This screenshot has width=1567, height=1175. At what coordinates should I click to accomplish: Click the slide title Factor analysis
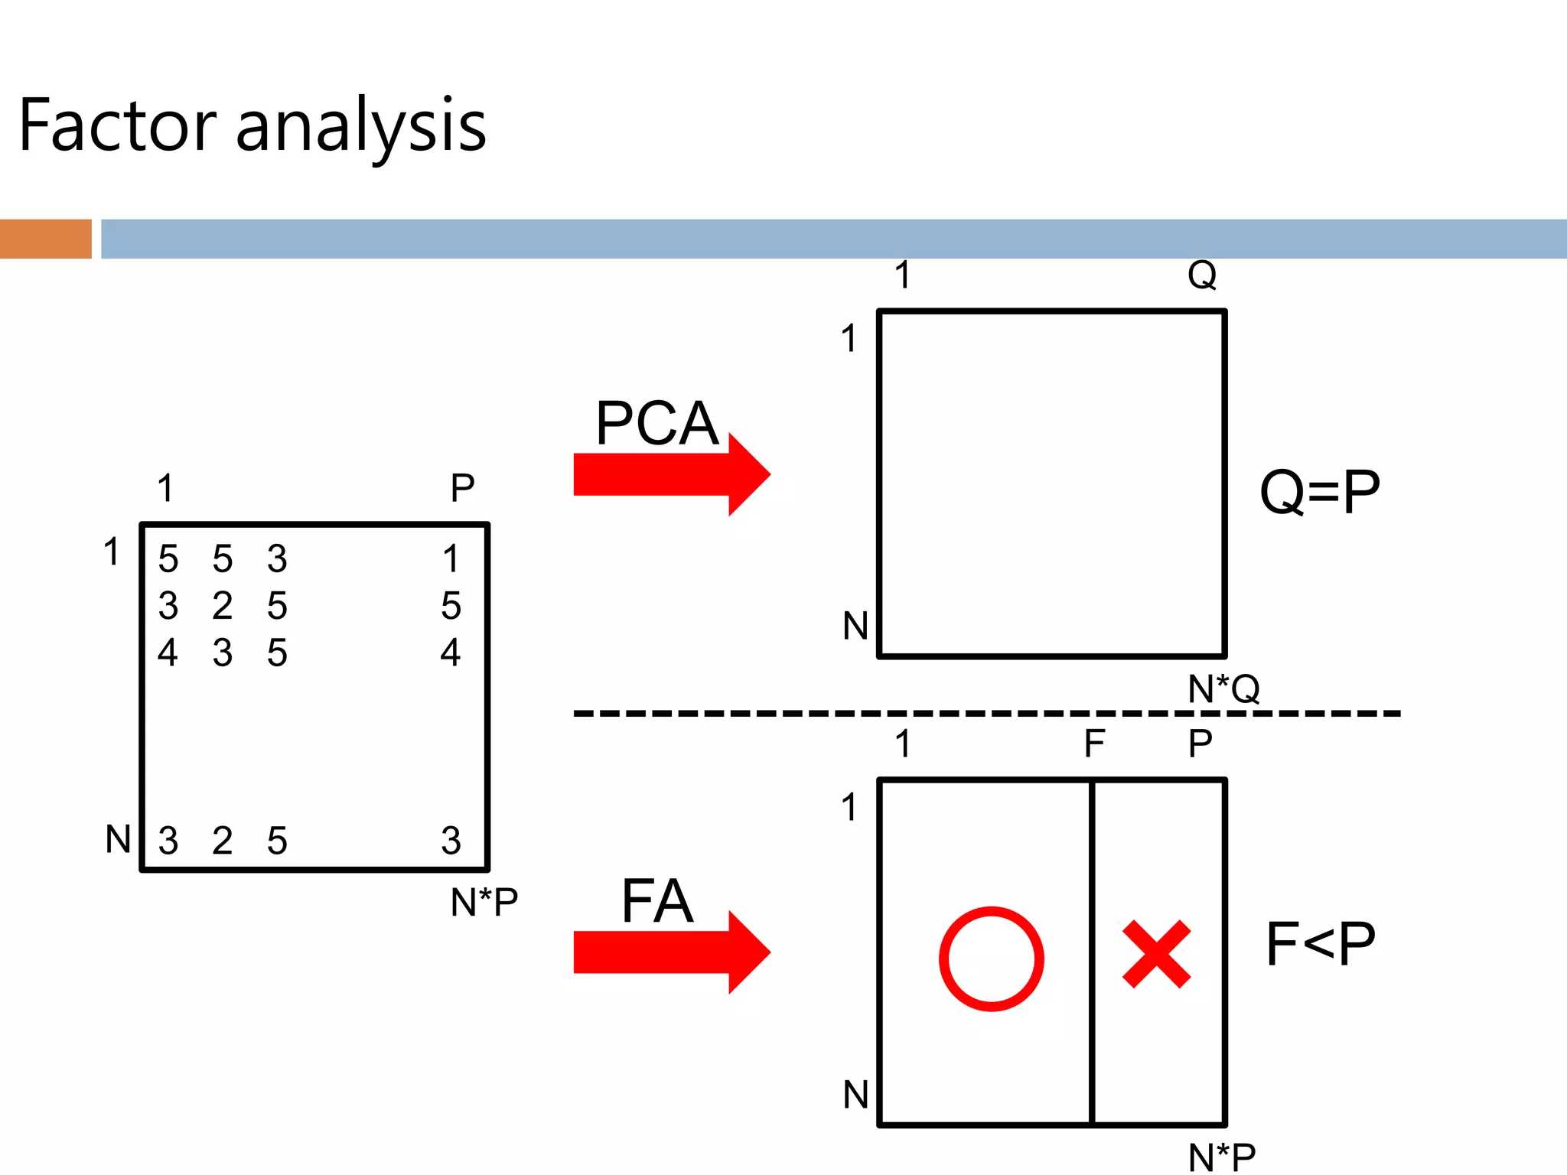click(252, 126)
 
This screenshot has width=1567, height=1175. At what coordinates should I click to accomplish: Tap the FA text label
click(656, 900)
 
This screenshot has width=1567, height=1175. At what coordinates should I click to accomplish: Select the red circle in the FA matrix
click(991, 959)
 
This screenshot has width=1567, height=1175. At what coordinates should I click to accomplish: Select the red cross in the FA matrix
click(1156, 954)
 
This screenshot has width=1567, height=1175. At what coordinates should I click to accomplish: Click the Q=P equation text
click(1320, 492)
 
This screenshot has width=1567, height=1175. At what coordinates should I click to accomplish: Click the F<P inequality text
click(1320, 943)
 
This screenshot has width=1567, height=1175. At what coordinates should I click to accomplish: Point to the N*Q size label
click(1223, 688)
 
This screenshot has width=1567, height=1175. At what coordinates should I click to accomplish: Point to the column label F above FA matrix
click(1094, 743)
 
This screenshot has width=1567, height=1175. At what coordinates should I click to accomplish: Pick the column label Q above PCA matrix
click(1201, 274)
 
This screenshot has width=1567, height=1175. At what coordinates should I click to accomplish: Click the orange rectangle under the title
click(46, 239)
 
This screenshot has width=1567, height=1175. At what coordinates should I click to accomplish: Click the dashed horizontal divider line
click(987, 713)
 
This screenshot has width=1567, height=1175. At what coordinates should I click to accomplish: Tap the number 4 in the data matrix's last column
click(450, 653)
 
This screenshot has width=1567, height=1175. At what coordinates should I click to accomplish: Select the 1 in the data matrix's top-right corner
click(451, 558)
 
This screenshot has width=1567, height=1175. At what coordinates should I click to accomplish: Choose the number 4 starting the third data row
click(168, 653)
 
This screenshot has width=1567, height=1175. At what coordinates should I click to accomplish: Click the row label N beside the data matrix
click(118, 838)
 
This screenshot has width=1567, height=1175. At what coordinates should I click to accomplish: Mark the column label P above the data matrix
click(462, 487)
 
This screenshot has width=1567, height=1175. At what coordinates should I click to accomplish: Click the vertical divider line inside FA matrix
click(1091, 952)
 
